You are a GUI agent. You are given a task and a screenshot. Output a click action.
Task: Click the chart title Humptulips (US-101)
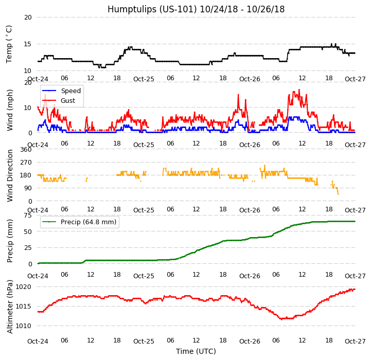[196, 9]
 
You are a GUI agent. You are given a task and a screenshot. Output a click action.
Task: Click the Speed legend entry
[70, 91]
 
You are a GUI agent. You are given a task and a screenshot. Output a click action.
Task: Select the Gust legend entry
[67, 101]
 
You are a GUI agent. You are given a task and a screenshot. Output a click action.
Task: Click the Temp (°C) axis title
[9, 44]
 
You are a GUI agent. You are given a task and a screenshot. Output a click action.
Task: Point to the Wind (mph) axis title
[10, 110]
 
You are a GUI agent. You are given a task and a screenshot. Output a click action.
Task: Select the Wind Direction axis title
[10, 175]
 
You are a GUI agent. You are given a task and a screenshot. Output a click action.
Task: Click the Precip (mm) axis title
[10, 240]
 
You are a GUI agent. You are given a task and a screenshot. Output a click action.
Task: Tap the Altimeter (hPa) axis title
[10, 307]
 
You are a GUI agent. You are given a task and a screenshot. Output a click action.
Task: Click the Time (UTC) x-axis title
[196, 351]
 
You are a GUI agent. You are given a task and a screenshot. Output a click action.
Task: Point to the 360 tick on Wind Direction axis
[26, 150]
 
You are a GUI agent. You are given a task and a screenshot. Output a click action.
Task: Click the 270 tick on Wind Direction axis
[26, 163]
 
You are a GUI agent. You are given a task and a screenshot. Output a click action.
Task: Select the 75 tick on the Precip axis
[28, 215]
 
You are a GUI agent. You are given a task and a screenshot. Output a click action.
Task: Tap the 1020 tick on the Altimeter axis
[24, 286]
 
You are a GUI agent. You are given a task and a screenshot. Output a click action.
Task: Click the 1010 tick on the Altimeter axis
[24, 326]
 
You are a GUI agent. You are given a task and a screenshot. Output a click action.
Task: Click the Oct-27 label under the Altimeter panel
[355, 341]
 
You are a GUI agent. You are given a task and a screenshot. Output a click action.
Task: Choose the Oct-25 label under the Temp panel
[144, 79]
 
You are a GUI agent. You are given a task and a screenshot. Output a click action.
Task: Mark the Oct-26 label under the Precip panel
[250, 276]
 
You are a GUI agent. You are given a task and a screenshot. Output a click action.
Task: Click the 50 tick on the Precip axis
[28, 231]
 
